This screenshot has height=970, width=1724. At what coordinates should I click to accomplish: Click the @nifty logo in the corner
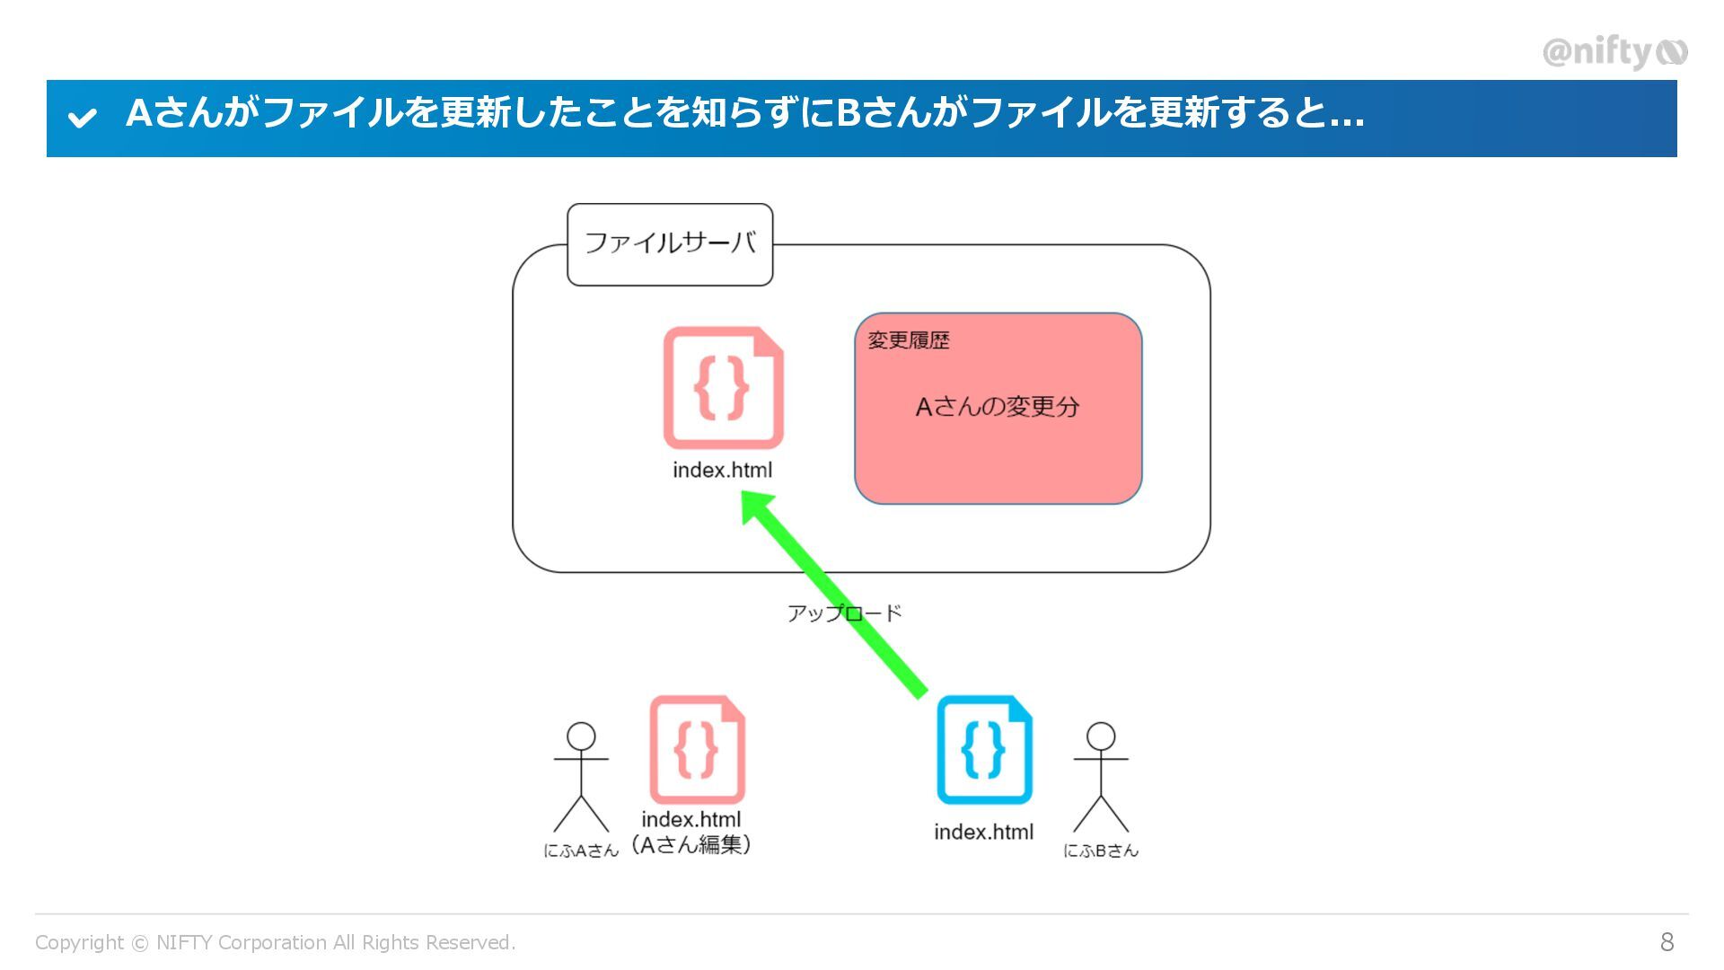(x=1614, y=52)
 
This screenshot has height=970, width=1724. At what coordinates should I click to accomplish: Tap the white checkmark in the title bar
(x=83, y=118)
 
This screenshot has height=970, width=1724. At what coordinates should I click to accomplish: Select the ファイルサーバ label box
(x=670, y=244)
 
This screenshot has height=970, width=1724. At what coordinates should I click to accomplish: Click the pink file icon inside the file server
(x=723, y=388)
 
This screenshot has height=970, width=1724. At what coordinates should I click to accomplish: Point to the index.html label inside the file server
(x=722, y=470)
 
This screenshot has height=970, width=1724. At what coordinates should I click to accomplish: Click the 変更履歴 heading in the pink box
(x=908, y=340)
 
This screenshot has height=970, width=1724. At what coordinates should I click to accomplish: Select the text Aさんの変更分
(x=997, y=407)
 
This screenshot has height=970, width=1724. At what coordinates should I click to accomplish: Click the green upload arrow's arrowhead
(x=757, y=508)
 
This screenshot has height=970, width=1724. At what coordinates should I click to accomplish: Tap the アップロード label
(x=844, y=613)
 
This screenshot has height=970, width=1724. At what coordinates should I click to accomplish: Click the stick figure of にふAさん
(x=581, y=778)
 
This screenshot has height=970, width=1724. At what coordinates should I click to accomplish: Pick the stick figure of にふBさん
(x=1101, y=778)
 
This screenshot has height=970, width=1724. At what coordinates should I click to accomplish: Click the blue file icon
(x=984, y=750)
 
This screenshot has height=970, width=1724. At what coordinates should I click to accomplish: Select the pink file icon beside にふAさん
(x=697, y=750)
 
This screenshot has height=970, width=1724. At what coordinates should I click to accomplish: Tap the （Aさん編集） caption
(x=691, y=844)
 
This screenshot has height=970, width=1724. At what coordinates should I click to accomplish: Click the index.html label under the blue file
(x=983, y=832)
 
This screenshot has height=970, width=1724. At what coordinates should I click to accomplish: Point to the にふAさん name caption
(x=581, y=851)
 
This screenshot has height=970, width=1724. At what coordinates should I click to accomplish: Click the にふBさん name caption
(x=1101, y=851)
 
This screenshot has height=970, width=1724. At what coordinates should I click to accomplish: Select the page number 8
(x=1667, y=942)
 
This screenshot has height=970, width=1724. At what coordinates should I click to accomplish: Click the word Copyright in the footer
(x=79, y=942)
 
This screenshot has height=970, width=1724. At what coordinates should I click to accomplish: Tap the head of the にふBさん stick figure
(x=1101, y=736)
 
